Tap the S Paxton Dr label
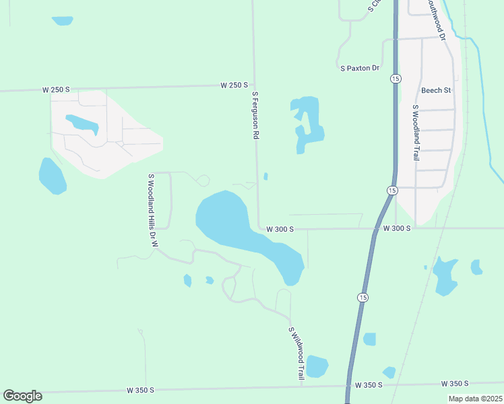pyautogui.click(x=360, y=68)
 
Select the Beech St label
pyautogui.click(x=435, y=90)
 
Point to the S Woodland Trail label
pyautogui.click(x=416, y=132)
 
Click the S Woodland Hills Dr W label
pyautogui.click(x=152, y=210)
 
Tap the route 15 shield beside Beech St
pyautogui.click(x=393, y=79)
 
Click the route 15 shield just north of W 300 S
pyautogui.click(x=391, y=191)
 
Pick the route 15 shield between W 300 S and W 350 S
pyautogui.click(x=363, y=298)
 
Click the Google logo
pyautogui.click(x=22, y=396)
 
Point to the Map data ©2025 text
pyautogui.click(x=475, y=399)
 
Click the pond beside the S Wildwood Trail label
pyautogui.click(x=317, y=366)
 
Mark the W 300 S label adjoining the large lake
pyautogui.click(x=280, y=229)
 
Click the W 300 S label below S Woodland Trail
pyautogui.click(x=397, y=229)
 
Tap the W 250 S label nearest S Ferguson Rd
pyautogui.click(x=234, y=86)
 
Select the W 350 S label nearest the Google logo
pyautogui.click(x=140, y=391)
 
